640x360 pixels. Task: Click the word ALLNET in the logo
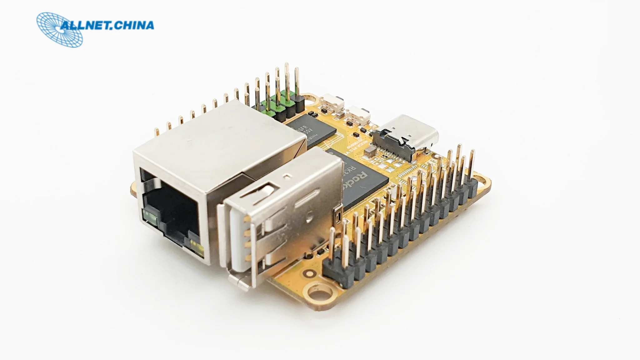coord(84,26)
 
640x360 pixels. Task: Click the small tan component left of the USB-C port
coord(370,152)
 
